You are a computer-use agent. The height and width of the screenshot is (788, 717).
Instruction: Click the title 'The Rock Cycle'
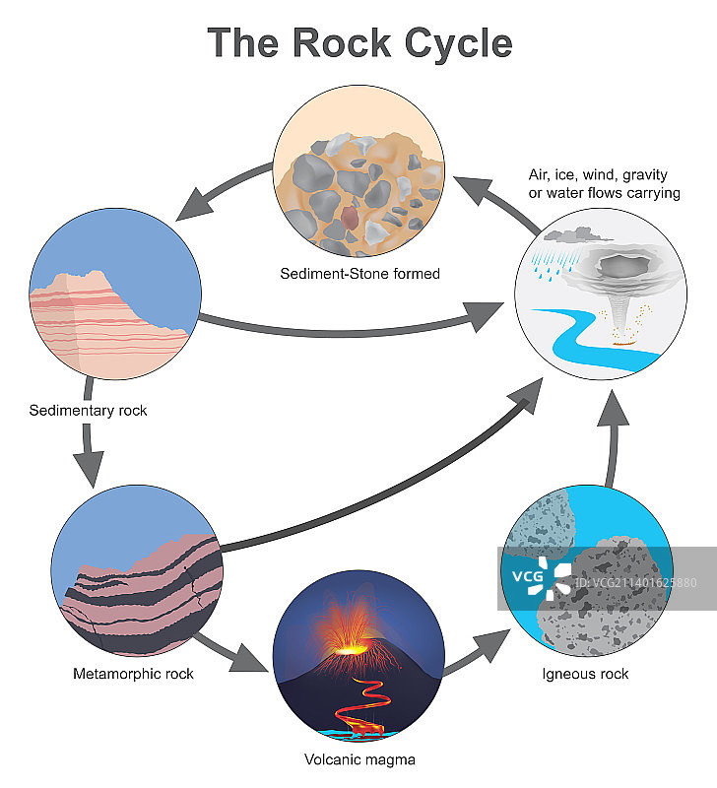point(359,44)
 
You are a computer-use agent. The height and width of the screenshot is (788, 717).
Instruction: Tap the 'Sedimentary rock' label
point(88,410)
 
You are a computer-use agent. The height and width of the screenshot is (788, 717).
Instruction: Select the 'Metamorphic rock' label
point(133,674)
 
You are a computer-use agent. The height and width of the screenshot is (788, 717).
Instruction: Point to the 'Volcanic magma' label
point(358,759)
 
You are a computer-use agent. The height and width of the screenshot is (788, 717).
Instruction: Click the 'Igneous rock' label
point(585,674)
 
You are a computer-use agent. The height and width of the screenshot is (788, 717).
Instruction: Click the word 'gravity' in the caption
point(654,175)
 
